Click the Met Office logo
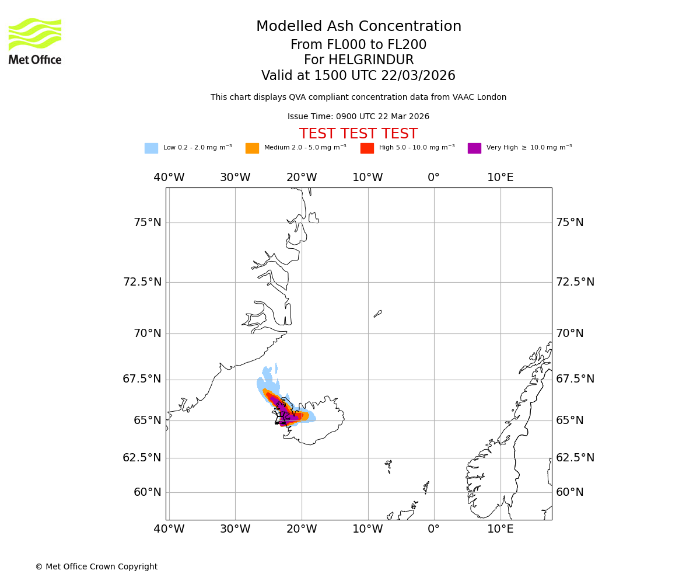35,41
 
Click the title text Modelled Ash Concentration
358,27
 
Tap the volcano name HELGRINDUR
358,60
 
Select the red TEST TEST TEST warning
358,134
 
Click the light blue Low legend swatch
151,148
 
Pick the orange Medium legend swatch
252,148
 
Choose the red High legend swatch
367,148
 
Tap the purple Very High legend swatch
474,148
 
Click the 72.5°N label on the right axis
575,282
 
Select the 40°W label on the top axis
169,178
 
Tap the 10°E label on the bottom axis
500,529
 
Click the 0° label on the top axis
433,178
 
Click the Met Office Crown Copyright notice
96,567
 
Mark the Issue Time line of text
358,117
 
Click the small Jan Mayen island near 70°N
377,314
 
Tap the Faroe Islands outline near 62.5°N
388,465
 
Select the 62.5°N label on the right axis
575,458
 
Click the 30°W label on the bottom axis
235,529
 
